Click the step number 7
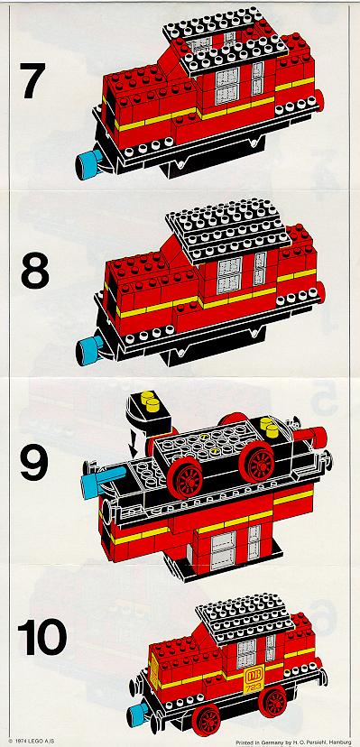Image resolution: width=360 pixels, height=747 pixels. pos(32,80)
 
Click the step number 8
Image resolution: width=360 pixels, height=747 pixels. pos(35,270)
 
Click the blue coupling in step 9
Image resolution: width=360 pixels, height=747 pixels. pos(100,481)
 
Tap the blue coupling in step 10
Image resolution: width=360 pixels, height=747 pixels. pos(138,714)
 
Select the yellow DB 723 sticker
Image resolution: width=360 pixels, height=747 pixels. pos(251,681)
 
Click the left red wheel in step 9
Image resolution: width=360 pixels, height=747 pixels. pos(184,477)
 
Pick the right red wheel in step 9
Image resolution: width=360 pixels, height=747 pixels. pos(256,462)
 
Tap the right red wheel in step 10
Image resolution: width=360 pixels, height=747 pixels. pos(272,701)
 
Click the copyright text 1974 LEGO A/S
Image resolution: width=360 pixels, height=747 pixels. pos(32,742)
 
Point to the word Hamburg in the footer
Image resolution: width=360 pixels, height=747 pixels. pos(340,742)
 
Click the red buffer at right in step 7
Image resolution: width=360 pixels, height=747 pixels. pos(319,101)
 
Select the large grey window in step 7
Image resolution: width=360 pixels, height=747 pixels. pos(227,86)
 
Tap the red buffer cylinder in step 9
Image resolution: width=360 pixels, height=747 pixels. pos(311,435)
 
